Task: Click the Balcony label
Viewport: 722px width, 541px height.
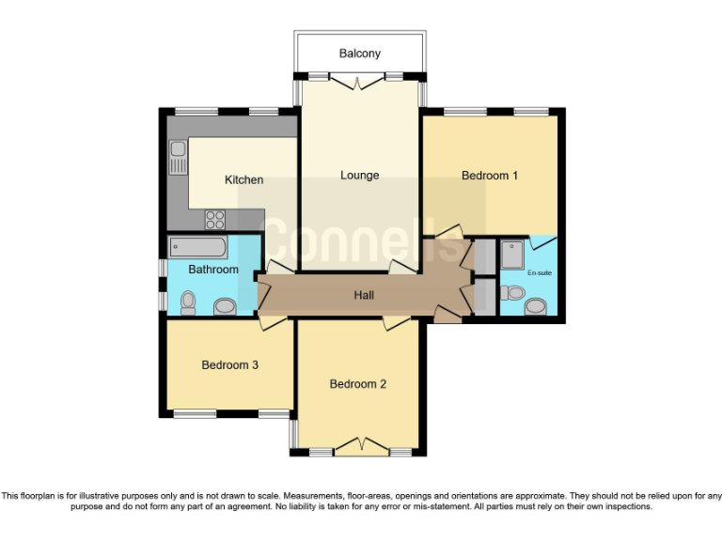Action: point(360,54)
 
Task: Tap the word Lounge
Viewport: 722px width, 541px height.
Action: point(360,175)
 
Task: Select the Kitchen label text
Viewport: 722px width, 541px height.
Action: point(243,179)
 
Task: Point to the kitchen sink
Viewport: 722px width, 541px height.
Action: point(178,157)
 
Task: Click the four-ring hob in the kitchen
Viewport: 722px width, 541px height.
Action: point(215,219)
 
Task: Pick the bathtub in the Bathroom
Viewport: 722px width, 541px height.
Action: point(196,248)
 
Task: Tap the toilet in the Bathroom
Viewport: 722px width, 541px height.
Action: point(187,301)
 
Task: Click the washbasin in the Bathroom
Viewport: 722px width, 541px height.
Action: point(226,305)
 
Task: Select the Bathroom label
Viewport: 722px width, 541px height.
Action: point(213,270)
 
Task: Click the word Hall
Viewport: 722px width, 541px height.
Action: point(364,295)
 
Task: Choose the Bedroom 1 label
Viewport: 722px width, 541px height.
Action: point(490,175)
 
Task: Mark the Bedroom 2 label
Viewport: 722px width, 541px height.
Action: point(358,383)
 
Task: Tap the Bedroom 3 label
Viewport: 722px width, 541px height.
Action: point(229,364)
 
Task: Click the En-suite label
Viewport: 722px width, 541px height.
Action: point(539,272)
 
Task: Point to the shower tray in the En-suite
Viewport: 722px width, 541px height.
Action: point(512,255)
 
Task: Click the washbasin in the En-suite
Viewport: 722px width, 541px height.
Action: point(536,306)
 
